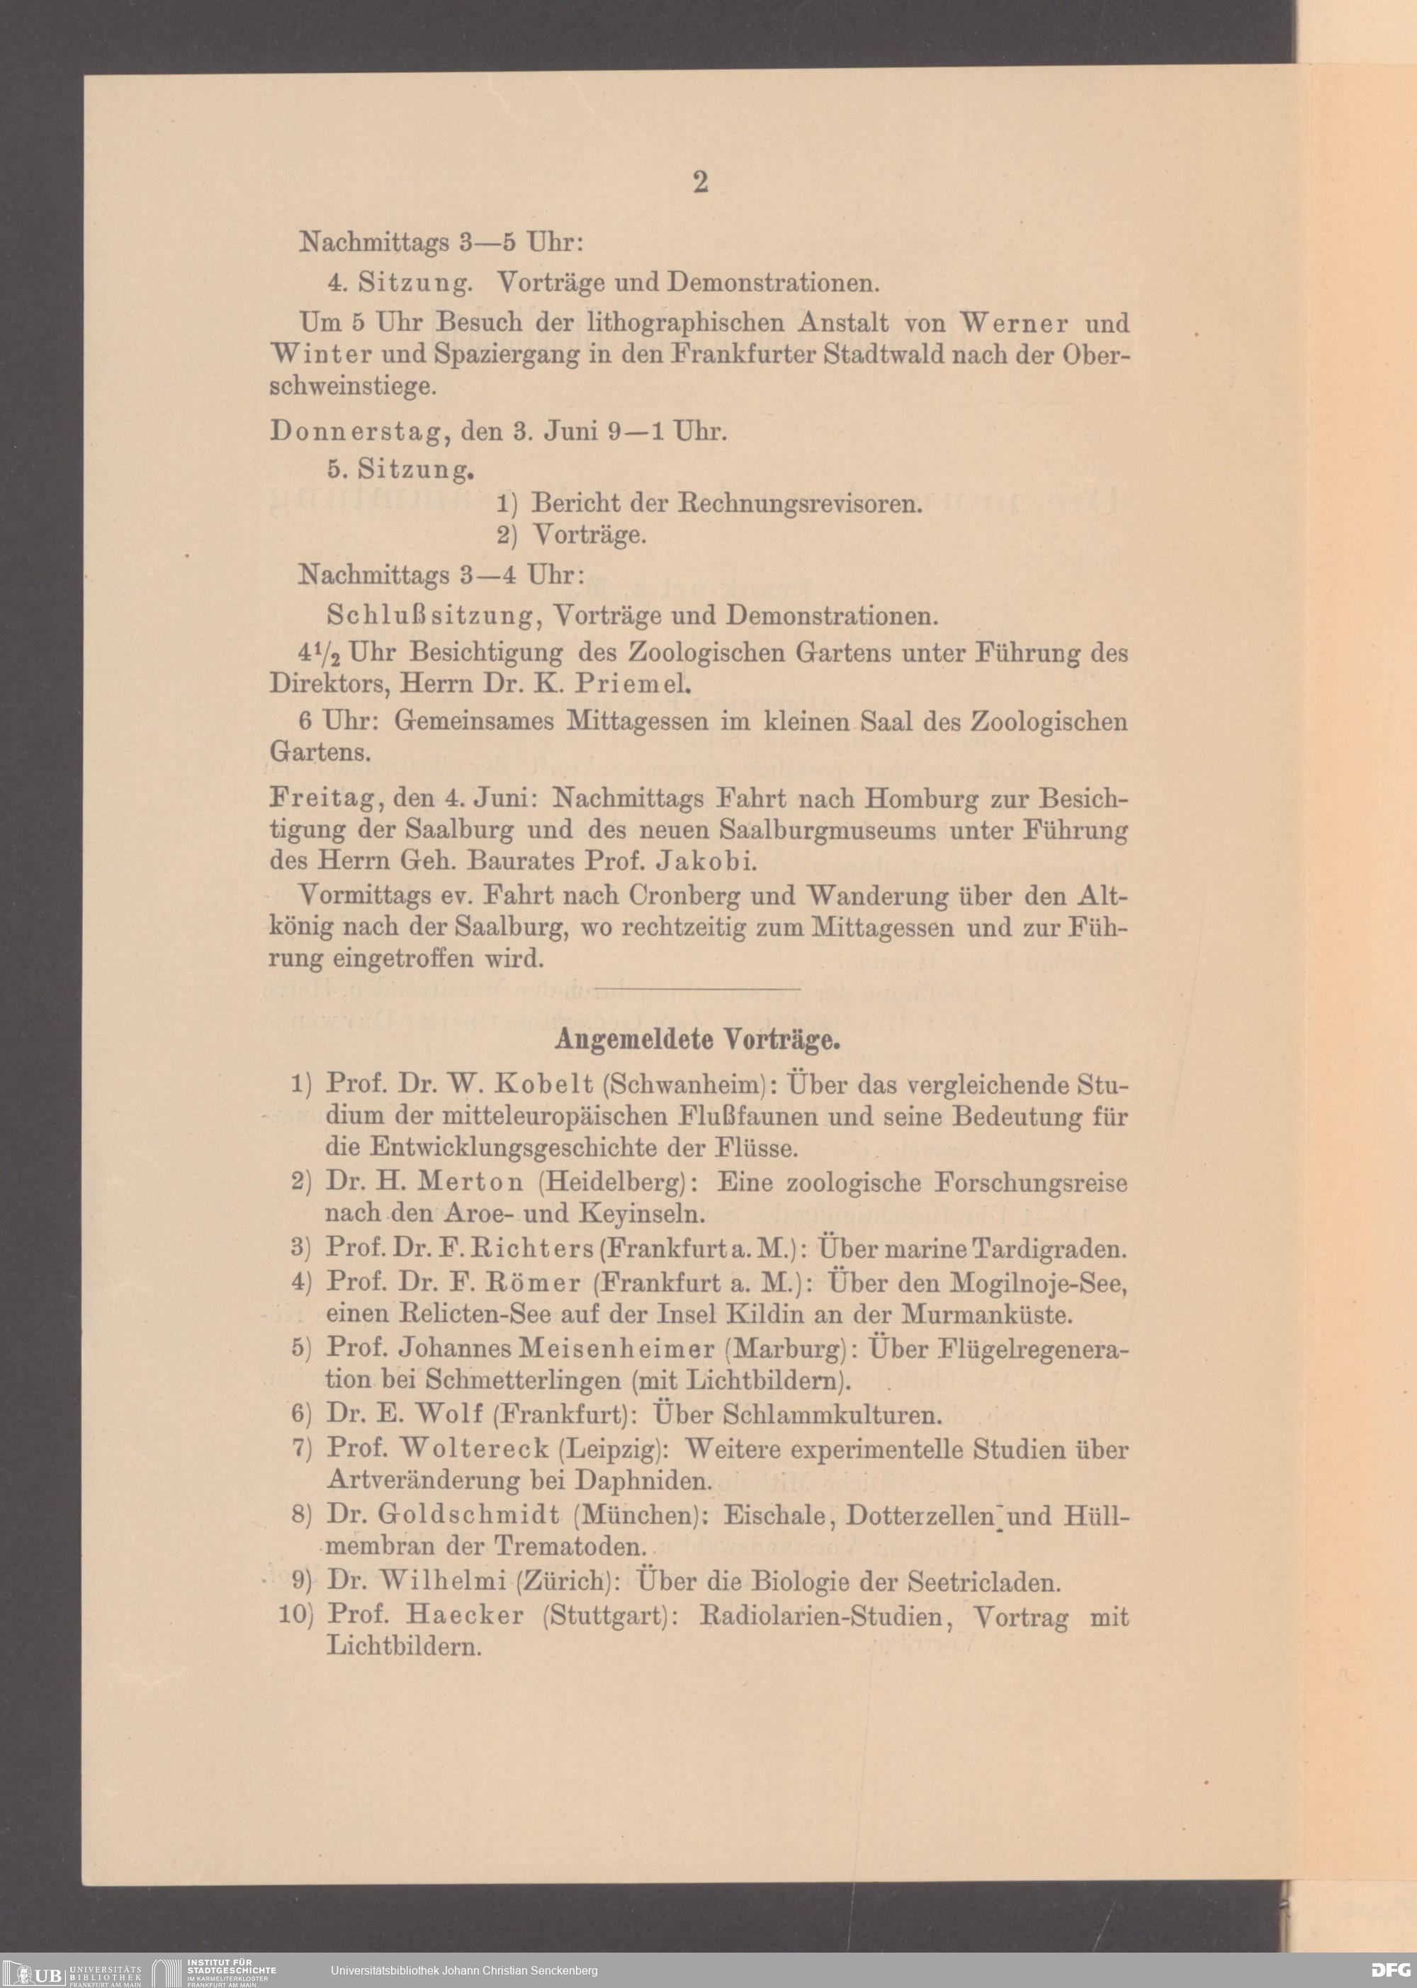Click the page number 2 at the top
point(700,181)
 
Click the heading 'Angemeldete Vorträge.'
point(697,1039)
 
